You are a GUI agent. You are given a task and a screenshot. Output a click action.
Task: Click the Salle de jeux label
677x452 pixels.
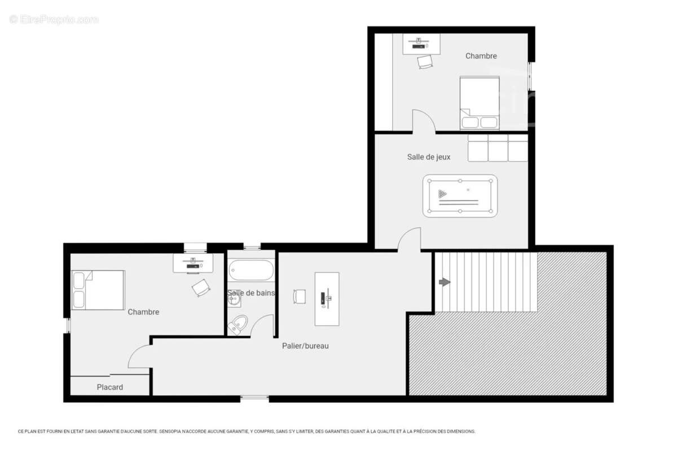coord(429,157)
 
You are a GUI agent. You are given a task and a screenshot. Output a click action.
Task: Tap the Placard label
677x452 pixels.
coord(109,387)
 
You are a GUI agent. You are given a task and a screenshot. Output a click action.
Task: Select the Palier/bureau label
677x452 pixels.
coord(305,346)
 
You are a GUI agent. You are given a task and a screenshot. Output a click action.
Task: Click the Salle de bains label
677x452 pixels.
coord(251,293)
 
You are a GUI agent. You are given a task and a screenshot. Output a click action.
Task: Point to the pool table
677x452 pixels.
coord(460,196)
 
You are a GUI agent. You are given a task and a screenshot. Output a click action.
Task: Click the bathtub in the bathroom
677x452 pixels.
coord(251,270)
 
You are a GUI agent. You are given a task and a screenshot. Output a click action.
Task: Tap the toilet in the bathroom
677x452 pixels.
coord(238,324)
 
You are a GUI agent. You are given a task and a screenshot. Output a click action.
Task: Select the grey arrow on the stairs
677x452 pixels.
coord(445,282)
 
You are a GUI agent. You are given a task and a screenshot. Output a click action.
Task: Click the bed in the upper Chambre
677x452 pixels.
coord(480,103)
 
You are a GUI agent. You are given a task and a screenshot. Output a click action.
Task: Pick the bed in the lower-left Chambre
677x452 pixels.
coord(98,290)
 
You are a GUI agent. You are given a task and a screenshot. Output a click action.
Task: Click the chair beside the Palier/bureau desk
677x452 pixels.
coord(299,297)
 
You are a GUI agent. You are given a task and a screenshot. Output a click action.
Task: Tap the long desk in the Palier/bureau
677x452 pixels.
coord(327,299)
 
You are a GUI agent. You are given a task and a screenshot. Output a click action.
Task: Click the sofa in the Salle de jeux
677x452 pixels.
coord(498,148)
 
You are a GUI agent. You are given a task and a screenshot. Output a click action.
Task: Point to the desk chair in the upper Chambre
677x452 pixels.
coord(425,62)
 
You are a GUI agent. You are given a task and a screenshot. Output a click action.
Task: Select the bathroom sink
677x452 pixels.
coord(234,300)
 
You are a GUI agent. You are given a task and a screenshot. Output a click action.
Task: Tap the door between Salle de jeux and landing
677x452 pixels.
coord(409,240)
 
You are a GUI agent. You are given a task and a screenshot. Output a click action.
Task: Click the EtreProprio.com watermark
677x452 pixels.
coord(54,20)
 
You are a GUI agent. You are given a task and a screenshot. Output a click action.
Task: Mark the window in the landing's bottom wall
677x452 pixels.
coord(254,399)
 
